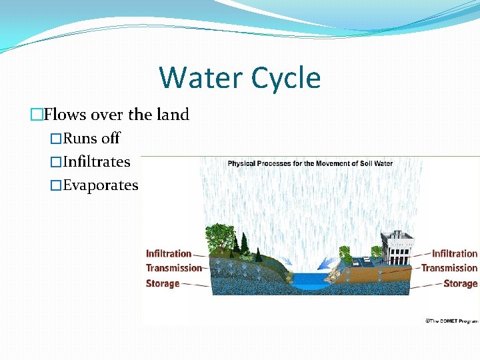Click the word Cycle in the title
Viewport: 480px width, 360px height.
pos(286,77)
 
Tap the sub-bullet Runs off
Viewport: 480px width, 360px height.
pos(91,138)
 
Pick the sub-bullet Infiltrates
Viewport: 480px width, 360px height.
pos(96,161)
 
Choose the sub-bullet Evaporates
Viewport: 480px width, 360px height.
pos(100,185)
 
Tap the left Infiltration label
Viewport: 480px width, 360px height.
pos(168,253)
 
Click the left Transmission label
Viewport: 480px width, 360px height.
pos(173,268)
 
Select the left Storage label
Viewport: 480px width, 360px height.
pos(163,283)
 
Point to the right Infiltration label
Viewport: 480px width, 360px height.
pos(455,253)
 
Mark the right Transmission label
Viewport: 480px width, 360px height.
pos(449,268)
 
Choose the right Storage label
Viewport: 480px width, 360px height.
pos(460,283)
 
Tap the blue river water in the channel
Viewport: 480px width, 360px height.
pos(308,279)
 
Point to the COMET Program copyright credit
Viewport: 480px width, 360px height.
pos(451,321)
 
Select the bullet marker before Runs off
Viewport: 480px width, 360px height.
pos(56,139)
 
